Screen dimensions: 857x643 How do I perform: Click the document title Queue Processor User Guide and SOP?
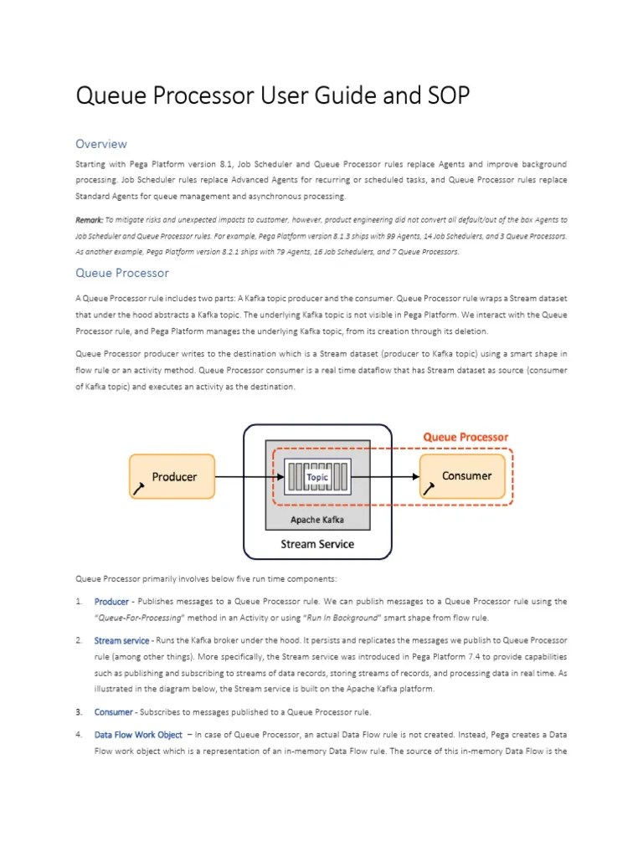pos(273,96)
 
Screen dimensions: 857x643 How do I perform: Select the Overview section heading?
pos(101,144)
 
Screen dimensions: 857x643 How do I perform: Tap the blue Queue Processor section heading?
pos(122,273)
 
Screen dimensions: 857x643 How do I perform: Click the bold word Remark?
pos(90,220)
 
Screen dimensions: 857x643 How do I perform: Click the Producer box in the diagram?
pos(172,476)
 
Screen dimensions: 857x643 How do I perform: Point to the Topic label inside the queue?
pos(317,476)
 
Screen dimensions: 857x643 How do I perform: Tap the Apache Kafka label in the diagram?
pos(316,519)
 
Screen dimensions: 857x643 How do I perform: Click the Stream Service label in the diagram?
pos(316,544)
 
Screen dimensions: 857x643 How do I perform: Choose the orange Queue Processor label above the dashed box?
pos(465,437)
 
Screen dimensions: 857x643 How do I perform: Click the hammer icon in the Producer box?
pos(139,487)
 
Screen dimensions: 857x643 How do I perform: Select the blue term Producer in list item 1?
pos(111,601)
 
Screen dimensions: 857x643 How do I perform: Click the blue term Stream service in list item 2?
pos(121,641)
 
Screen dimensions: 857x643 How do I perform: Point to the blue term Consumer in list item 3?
pos(113,712)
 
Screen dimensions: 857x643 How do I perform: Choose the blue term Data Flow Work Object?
pos(138,735)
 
